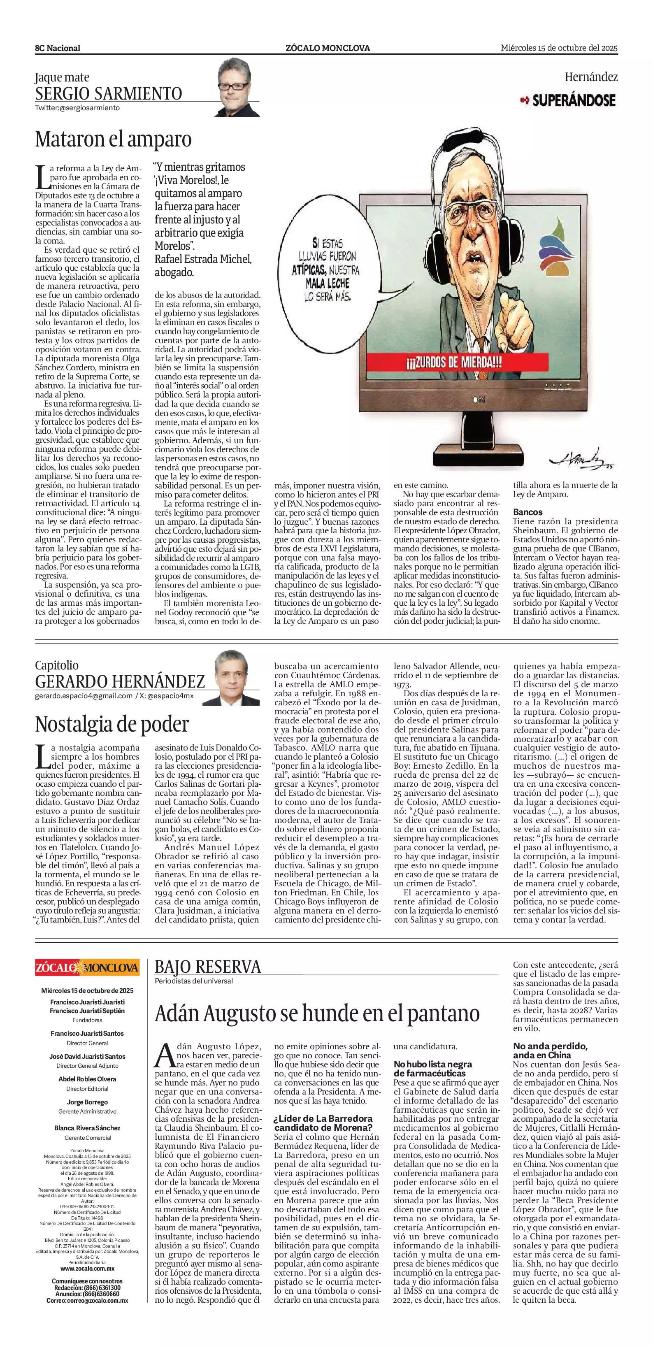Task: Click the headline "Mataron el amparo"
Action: (x=113, y=139)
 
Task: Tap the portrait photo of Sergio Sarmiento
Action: (x=239, y=87)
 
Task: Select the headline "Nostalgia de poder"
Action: (x=112, y=724)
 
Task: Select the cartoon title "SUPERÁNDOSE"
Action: (x=574, y=100)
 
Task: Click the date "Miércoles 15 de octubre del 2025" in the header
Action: (x=559, y=48)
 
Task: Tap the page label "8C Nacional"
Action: (x=58, y=48)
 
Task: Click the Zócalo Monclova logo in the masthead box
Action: (x=87, y=967)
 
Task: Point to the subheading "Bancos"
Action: (x=528, y=512)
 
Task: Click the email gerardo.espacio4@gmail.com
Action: (x=84, y=696)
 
